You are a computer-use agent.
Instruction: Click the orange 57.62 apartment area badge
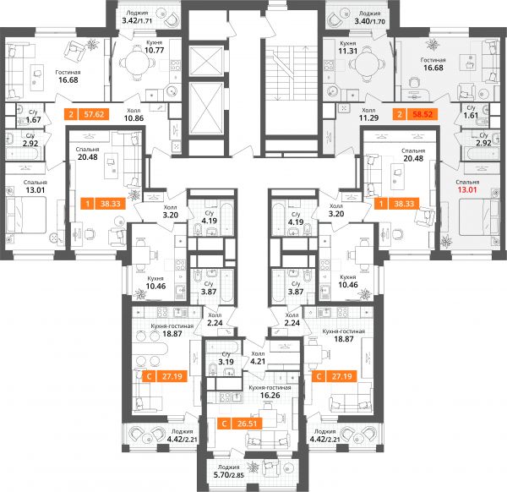pos(87,114)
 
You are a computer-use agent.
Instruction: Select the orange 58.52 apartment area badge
pos(416,114)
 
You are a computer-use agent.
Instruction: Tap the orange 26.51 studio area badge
pos(240,424)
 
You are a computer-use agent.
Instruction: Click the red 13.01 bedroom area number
pos(467,190)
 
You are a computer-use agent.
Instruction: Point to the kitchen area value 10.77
pos(155,50)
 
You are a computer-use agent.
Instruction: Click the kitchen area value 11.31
pos(347,51)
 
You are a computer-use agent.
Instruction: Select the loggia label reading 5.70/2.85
pos(229,475)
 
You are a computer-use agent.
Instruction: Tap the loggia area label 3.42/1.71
pos(137,21)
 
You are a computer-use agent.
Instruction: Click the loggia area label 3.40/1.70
pos(370,22)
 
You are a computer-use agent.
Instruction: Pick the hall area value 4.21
pos(258,361)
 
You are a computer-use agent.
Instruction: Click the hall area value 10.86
pos(134,118)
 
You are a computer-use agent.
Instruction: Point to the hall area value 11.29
pos(368,118)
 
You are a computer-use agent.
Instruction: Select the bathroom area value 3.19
pos(226,362)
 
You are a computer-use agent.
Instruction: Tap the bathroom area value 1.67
pos(33,120)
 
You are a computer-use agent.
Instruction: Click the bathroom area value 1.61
pos(471,115)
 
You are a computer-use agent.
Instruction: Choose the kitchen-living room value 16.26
pos(270,395)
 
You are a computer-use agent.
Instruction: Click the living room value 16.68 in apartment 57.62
pos(68,80)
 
